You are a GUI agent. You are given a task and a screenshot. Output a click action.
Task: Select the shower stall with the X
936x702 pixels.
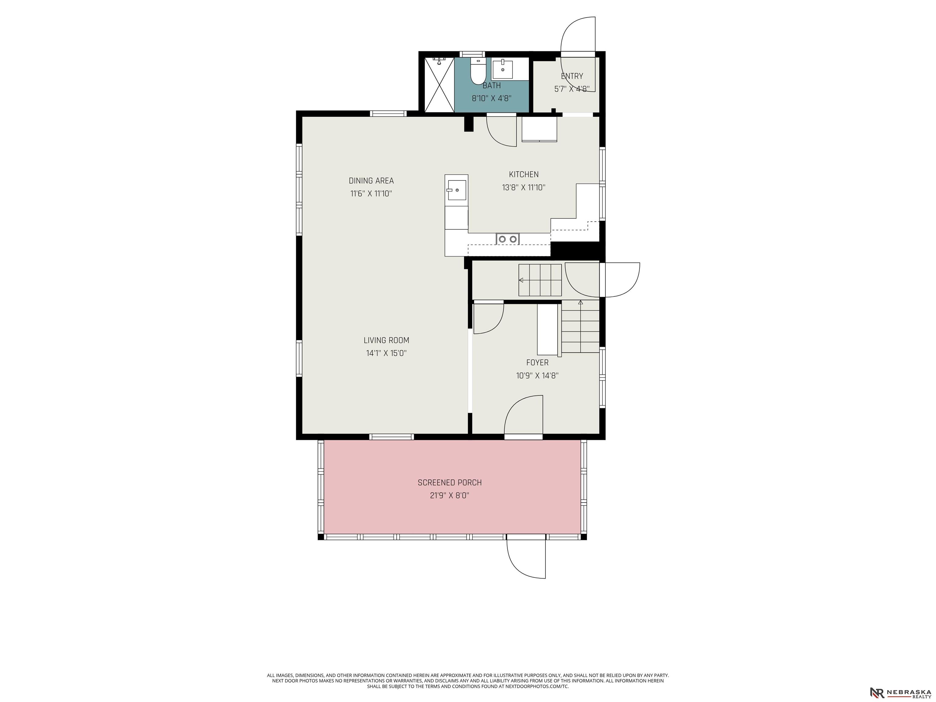click(x=439, y=85)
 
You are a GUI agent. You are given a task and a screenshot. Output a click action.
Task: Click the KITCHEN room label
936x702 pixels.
click(x=524, y=174)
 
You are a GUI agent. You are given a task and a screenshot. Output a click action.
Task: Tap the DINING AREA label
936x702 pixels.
click(x=371, y=181)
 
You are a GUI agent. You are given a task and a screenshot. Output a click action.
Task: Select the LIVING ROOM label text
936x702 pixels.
click(x=386, y=340)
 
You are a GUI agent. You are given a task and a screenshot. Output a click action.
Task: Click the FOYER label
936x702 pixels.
click(x=537, y=363)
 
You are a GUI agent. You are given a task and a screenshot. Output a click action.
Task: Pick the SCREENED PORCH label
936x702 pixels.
click(x=449, y=482)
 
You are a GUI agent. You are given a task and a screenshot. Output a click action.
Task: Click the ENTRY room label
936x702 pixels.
click(x=572, y=76)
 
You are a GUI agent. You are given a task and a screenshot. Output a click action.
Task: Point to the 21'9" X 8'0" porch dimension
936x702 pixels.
click(x=450, y=495)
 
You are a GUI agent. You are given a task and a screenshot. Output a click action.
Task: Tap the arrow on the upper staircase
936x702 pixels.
click(x=521, y=280)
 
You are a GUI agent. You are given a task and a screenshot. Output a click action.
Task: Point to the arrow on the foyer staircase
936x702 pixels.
click(x=580, y=302)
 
